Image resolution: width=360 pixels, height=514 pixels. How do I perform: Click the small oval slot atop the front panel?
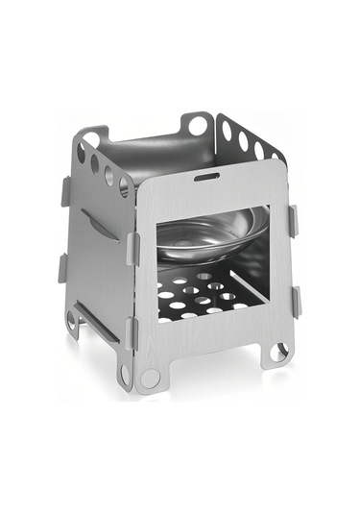coord(205,177)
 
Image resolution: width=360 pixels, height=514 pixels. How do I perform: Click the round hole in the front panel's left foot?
coord(150,378)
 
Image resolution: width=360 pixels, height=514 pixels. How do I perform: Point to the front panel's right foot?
coord(277,352)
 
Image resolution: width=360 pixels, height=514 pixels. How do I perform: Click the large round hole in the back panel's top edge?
coord(197,125)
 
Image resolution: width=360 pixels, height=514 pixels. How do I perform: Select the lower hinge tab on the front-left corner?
coord(132,332)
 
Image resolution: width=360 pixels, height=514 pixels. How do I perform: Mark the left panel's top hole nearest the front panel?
coord(123,186)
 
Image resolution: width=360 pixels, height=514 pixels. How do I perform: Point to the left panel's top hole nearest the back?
coord(81,153)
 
